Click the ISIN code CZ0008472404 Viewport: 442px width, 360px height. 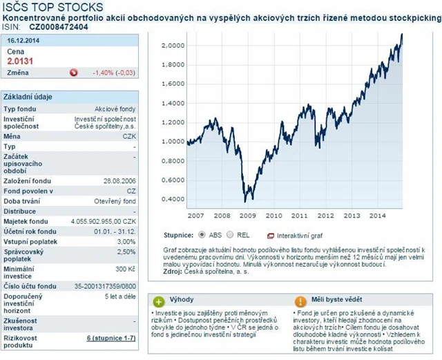pos(59,27)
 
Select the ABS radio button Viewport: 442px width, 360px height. pos(202,234)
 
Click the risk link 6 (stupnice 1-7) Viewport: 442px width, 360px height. pos(112,339)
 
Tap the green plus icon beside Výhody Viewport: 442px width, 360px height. pos(159,302)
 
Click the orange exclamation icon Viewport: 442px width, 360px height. pos(300,302)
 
